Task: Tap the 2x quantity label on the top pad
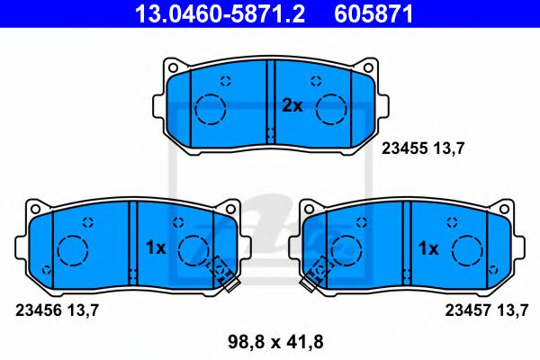click(292, 105)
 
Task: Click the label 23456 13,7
click(56, 310)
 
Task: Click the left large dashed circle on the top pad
click(211, 108)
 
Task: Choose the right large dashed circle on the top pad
click(330, 108)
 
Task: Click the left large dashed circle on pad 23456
click(71, 249)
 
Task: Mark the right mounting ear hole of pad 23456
click(230, 210)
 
